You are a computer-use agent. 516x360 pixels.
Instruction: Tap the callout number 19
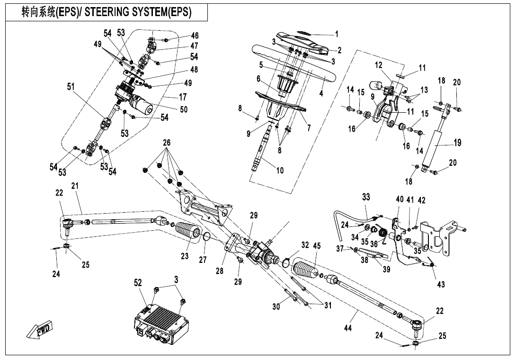pyautogui.click(x=457, y=143)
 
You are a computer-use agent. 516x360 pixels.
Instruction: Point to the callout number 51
pyautogui.click(x=71, y=87)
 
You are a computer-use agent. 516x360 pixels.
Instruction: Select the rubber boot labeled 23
pyautogui.click(x=188, y=236)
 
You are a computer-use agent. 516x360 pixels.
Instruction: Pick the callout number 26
pyautogui.click(x=166, y=143)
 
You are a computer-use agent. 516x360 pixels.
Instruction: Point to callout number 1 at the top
pyautogui.click(x=337, y=34)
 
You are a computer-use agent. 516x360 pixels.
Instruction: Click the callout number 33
pyautogui.click(x=366, y=196)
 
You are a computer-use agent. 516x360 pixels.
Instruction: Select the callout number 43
pyautogui.click(x=441, y=284)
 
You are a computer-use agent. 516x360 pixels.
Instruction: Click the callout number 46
pyautogui.click(x=195, y=36)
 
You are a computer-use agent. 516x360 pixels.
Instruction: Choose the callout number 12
pyautogui.click(x=378, y=64)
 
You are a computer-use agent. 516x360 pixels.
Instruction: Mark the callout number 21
pyautogui.click(x=75, y=186)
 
